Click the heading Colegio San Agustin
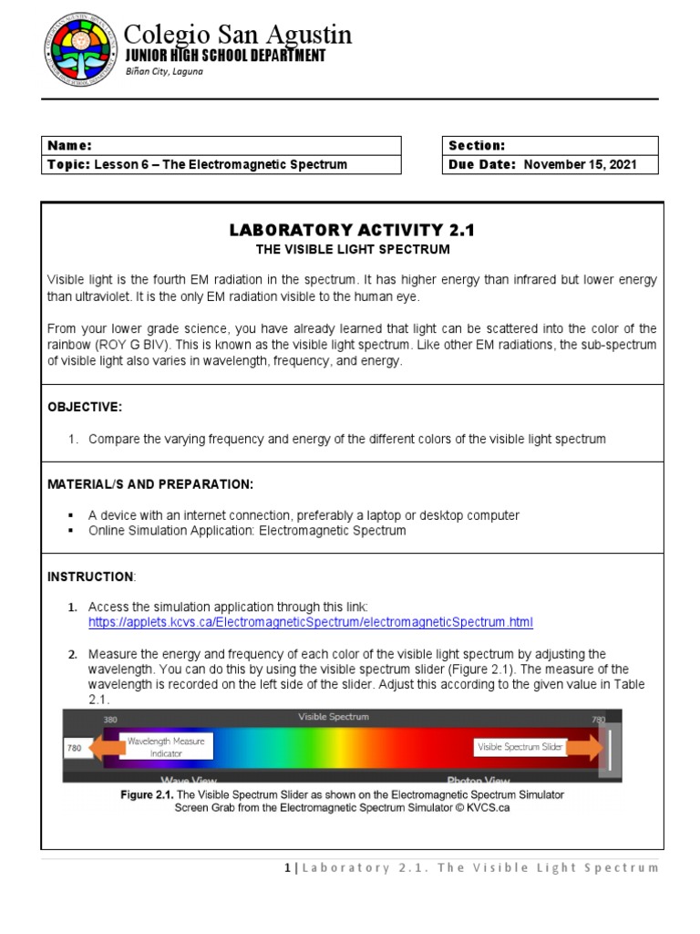[x=237, y=35]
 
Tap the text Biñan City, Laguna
[x=164, y=72]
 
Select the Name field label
[x=69, y=146]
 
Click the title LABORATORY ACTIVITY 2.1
[x=352, y=231]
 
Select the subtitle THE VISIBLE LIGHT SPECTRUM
[x=352, y=249]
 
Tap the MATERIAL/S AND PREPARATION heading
[x=150, y=483]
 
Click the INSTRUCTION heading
[x=90, y=576]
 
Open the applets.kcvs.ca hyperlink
[x=310, y=622]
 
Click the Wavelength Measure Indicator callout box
[x=167, y=747]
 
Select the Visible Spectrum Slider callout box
[x=520, y=747]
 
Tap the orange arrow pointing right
[x=585, y=748]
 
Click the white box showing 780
[x=75, y=749]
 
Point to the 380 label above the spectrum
[x=110, y=719]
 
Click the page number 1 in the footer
[x=287, y=867]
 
